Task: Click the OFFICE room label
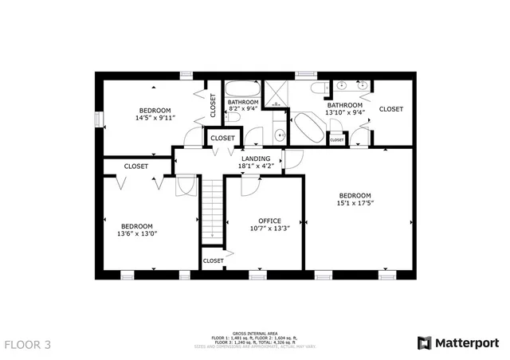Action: point(269,221)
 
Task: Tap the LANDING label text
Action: point(256,158)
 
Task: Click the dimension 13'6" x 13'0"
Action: point(136,234)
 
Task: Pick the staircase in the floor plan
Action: point(212,209)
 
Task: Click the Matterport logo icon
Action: point(426,342)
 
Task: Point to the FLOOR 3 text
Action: point(28,345)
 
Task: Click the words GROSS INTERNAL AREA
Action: point(254,333)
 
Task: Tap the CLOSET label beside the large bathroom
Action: point(390,109)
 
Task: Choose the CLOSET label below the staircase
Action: point(213,260)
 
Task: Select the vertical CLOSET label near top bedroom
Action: point(213,106)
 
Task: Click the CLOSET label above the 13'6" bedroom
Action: point(135,166)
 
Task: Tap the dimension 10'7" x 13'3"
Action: point(269,229)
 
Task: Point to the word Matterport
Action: point(466,342)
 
